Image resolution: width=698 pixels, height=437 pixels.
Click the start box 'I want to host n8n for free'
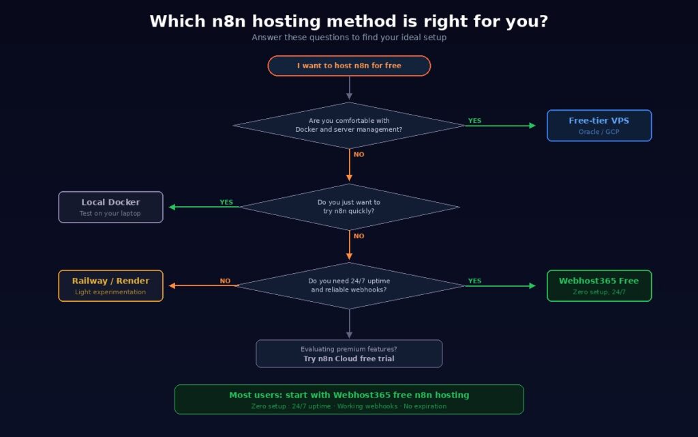click(349, 66)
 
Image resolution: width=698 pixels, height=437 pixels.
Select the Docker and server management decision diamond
click(349, 125)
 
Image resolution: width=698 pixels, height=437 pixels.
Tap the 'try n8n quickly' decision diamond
click(349, 207)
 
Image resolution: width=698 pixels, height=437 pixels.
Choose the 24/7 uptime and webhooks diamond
click(349, 285)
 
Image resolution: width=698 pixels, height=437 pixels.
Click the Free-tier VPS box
click(599, 126)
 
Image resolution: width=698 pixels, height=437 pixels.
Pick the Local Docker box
click(110, 207)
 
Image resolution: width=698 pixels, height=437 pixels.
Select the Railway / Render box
click(110, 285)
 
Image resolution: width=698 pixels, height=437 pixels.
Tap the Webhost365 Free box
click(599, 285)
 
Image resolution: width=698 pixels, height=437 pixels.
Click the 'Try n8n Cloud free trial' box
click(349, 354)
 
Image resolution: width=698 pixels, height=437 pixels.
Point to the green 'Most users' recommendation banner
click(349, 399)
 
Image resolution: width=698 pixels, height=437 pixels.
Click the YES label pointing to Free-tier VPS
click(474, 121)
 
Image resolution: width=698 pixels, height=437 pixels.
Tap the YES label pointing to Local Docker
click(226, 202)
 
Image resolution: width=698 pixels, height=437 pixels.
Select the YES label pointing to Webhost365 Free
click(474, 281)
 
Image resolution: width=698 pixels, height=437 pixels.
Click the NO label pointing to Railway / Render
click(225, 281)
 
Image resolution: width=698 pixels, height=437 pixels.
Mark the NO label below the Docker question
click(359, 154)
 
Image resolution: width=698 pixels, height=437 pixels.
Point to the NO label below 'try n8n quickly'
click(359, 236)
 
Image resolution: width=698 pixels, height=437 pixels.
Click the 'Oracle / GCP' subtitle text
click(599, 132)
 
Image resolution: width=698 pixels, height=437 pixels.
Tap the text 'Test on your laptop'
click(110, 214)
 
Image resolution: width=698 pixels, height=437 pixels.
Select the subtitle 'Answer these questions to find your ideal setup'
click(349, 38)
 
